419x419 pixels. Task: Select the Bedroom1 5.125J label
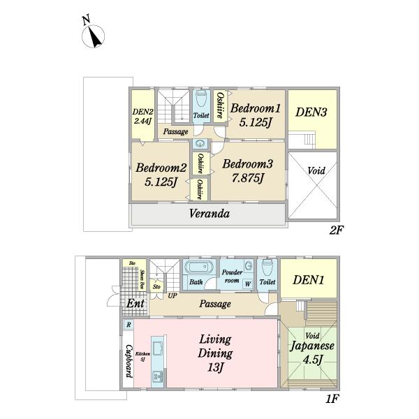tap(256, 116)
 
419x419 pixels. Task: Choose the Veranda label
tap(209, 213)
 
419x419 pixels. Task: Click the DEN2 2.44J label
tap(142, 115)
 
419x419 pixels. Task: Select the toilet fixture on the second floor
tap(201, 98)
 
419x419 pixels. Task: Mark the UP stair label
tap(172, 295)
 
